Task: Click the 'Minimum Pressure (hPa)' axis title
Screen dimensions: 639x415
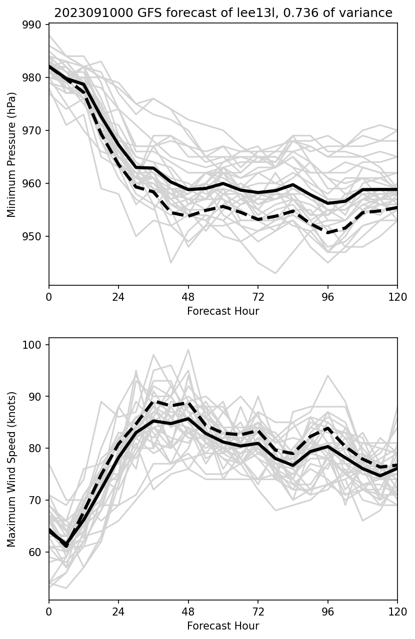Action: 12,154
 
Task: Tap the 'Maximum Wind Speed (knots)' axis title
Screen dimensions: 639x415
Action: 12,469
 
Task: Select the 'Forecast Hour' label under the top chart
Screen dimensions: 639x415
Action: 223,311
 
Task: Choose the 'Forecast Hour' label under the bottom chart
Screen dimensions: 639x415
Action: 223,626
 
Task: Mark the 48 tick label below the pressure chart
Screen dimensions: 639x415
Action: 188,297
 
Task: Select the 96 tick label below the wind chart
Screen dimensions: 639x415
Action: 327,612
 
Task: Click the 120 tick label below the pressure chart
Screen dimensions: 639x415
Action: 397,297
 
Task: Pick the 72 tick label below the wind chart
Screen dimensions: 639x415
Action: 258,612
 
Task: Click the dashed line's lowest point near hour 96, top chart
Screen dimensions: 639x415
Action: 327,233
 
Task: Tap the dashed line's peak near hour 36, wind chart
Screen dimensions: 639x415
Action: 153,401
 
